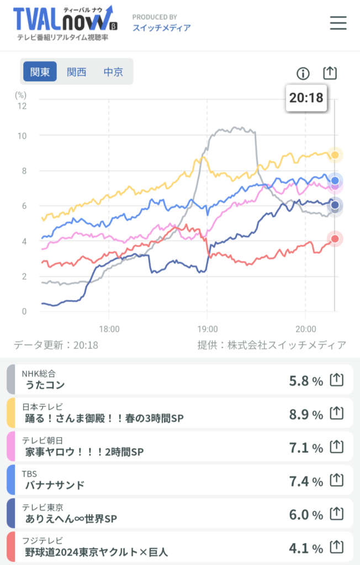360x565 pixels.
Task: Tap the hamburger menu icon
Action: [x=338, y=23]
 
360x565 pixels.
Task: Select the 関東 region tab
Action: [x=40, y=71]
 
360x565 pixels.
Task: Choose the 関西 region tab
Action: [x=77, y=72]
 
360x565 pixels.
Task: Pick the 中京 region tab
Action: [x=113, y=72]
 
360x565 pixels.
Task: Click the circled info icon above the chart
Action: [x=303, y=73]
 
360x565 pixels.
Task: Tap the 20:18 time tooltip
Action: [x=306, y=98]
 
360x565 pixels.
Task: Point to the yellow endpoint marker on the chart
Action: [x=335, y=155]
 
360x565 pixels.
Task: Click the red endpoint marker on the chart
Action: [x=335, y=238]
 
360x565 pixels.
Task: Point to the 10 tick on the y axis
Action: [x=22, y=136]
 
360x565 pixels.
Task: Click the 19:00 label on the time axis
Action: [x=208, y=329]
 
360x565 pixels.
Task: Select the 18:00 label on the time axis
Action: [x=109, y=329]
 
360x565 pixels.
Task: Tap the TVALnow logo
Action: [x=65, y=23]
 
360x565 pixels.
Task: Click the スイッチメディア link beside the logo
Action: [x=162, y=28]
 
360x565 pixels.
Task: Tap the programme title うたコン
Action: [x=45, y=385]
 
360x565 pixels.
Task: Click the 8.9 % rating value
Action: [x=306, y=414]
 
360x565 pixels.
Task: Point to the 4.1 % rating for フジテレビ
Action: [x=306, y=548]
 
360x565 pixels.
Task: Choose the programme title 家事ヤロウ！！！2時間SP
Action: [x=84, y=451]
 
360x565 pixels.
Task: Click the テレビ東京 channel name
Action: [x=43, y=508]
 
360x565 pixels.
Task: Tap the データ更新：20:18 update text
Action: [x=56, y=345]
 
